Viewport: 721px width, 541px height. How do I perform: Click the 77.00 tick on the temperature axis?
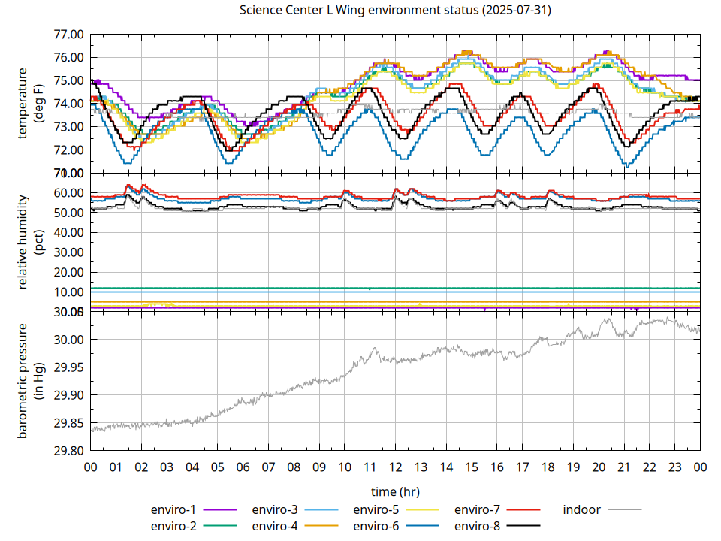coord(68,35)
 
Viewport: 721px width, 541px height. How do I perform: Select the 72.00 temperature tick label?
coord(68,150)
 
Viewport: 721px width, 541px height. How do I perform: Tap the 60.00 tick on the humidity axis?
coord(68,193)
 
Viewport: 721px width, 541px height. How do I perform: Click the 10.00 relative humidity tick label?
coord(68,292)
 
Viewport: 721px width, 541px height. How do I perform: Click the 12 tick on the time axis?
coord(395,467)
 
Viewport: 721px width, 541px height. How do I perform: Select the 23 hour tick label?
coord(674,467)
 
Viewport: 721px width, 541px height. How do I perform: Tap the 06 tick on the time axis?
coord(243,467)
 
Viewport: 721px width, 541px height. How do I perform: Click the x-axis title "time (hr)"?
coord(395,492)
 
